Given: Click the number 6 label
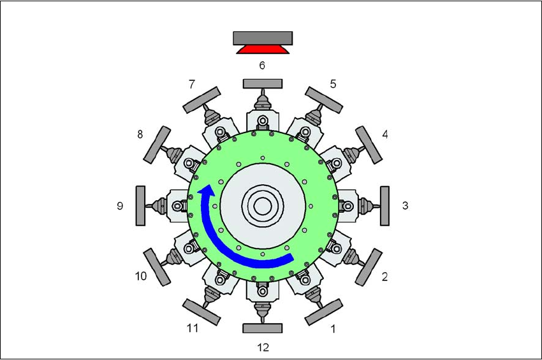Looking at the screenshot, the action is click(262, 65).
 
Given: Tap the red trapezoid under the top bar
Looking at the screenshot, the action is click(263, 50).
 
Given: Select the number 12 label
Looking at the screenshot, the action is click(263, 347).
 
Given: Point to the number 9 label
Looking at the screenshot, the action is click(120, 206).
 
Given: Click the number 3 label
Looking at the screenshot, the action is click(406, 206).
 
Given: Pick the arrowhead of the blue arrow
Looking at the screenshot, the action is click(207, 191).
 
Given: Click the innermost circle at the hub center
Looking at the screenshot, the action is click(263, 206).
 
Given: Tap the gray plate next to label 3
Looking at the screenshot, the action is click(385, 206).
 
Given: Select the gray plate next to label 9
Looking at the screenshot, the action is click(140, 206).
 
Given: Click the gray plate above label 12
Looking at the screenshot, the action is click(263, 328).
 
